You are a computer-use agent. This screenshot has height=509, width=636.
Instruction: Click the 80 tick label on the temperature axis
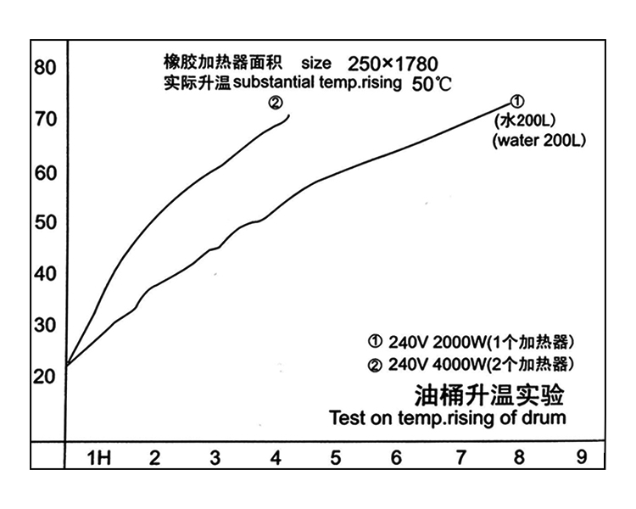45,67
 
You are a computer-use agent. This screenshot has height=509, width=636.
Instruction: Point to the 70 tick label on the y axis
45,119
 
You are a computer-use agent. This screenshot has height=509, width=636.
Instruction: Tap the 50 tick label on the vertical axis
45,222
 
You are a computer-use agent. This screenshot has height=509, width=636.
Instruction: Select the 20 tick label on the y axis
45,377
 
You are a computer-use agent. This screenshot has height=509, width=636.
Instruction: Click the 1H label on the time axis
100,458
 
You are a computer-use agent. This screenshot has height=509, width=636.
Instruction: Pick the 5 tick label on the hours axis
336,458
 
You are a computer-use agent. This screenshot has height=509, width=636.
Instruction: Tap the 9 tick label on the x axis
581,457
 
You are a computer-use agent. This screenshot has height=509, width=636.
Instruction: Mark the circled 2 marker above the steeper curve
276,103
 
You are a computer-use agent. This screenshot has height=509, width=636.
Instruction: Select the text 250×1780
393,64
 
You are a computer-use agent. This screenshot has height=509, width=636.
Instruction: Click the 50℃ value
433,85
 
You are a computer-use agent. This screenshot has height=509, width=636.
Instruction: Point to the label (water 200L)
538,141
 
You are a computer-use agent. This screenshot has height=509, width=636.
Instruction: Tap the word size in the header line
315,64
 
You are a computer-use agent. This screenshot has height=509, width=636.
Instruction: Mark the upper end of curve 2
290,115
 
